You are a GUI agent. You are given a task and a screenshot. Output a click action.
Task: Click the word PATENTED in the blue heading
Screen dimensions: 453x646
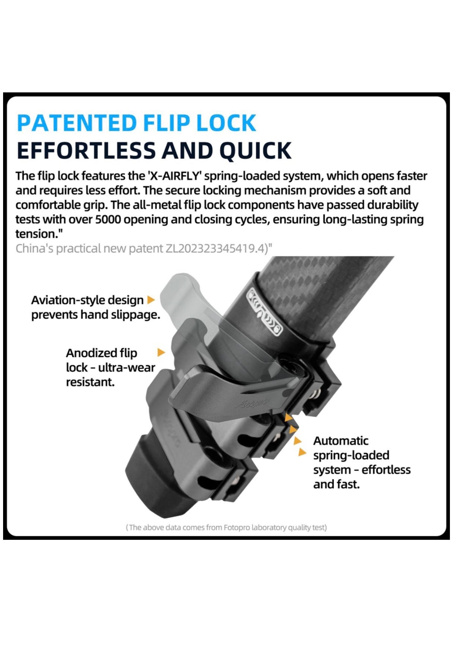click(x=77, y=123)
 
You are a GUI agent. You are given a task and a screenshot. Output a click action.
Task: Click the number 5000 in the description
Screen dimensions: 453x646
click(x=108, y=219)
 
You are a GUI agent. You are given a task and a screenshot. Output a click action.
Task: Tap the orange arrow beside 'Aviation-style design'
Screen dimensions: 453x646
click(x=151, y=300)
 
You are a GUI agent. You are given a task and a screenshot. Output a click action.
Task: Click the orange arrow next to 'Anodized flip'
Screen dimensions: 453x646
click(x=161, y=352)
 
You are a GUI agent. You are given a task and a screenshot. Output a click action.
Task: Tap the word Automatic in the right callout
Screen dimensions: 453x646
click(x=341, y=441)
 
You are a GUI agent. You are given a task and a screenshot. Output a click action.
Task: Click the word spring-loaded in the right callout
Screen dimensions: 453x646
click(x=351, y=455)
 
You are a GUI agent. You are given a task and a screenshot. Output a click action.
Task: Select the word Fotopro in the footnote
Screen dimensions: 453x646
click(x=236, y=527)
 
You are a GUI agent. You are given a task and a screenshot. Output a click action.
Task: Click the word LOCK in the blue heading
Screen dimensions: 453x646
click(x=226, y=123)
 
